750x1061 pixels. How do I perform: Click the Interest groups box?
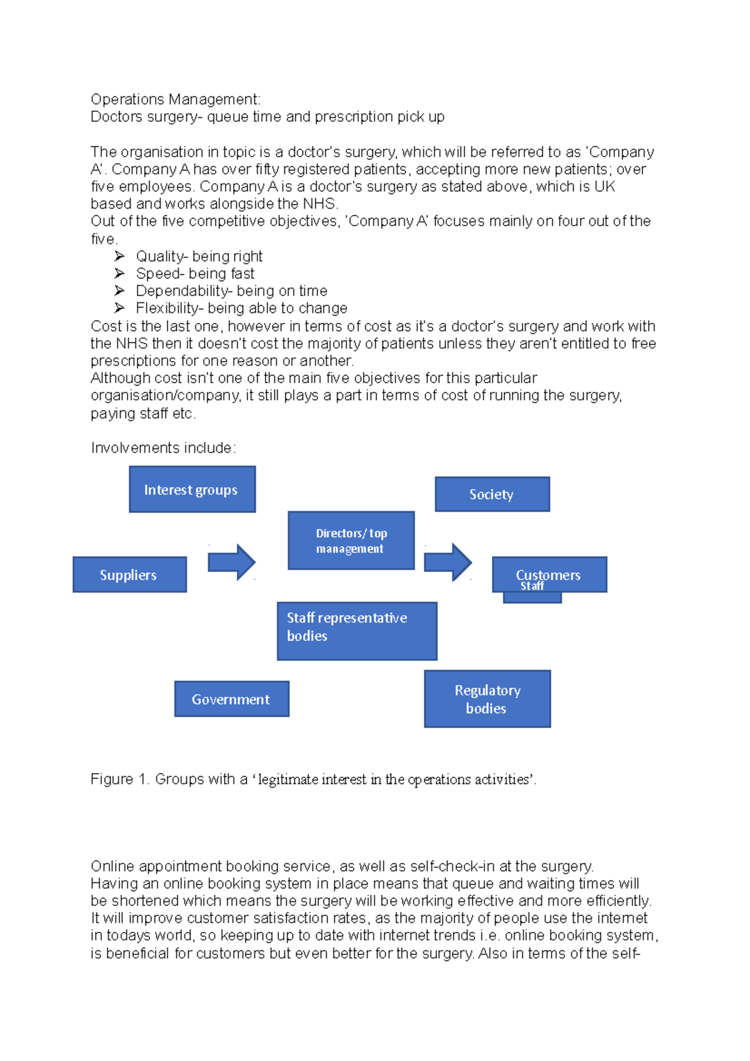click(x=192, y=489)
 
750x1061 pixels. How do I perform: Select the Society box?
click(x=492, y=494)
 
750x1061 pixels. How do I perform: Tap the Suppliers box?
click(x=129, y=575)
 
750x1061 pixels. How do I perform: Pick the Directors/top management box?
click(x=351, y=540)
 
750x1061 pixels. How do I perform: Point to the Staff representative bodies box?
click(x=356, y=630)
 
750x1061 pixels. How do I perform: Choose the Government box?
click(x=231, y=699)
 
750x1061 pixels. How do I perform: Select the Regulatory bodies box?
click(x=487, y=699)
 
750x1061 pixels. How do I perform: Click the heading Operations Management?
click(x=175, y=99)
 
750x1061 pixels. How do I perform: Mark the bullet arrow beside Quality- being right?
click(x=119, y=256)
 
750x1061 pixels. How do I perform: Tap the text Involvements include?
click(x=163, y=448)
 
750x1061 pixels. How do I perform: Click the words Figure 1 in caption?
click(x=119, y=779)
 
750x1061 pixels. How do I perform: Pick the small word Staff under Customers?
click(x=532, y=586)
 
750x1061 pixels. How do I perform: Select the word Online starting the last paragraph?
click(x=112, y=866)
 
